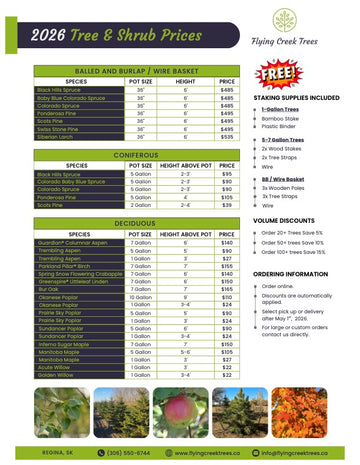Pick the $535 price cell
(226, 136)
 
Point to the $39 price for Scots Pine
(226, 204)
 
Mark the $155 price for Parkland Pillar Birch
(226, 267)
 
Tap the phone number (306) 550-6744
(127, 452)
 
